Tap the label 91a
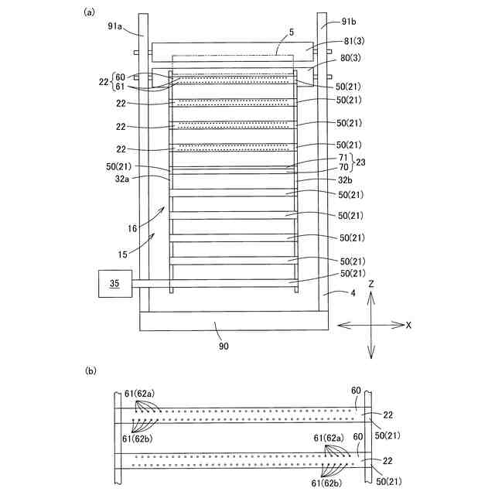(x=115, y=26)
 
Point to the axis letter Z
(x=371, y=285)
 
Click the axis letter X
(x=408, y=325)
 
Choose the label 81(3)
(x=352, y=43)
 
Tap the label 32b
(x=346, y=179)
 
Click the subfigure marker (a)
(x=89, y=12)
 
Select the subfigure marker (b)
(x=90, y=372)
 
